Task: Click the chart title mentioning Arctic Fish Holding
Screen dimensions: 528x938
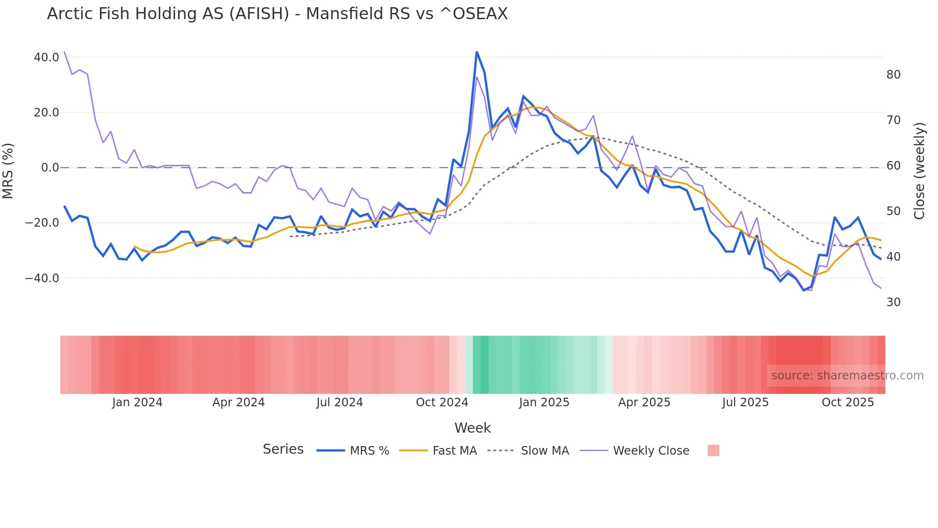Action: (277, 13)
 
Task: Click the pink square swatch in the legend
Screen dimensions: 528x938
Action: (713, 450)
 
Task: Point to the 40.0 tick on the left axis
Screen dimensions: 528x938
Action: (46, 57)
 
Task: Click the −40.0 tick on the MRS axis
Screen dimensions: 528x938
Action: (42, 278)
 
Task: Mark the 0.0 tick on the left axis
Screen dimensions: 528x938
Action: (50, 168)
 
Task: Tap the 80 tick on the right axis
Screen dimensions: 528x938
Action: (893, 75)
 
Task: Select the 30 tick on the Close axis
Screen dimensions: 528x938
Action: (893, 302)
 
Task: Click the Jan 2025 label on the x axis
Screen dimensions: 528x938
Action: (544, 402)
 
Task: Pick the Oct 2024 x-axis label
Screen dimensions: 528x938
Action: (442, 402)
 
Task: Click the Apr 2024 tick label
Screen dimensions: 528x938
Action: (238, 402)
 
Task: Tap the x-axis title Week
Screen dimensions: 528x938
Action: (472, 428)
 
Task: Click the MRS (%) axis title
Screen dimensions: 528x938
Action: (8, 171)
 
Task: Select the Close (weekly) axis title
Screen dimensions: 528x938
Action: (919, 171)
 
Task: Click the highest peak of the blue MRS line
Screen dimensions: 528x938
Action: (477, 52)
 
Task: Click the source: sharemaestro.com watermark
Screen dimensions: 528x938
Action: (847, 376)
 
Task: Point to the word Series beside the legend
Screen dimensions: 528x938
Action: (283, 449)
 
